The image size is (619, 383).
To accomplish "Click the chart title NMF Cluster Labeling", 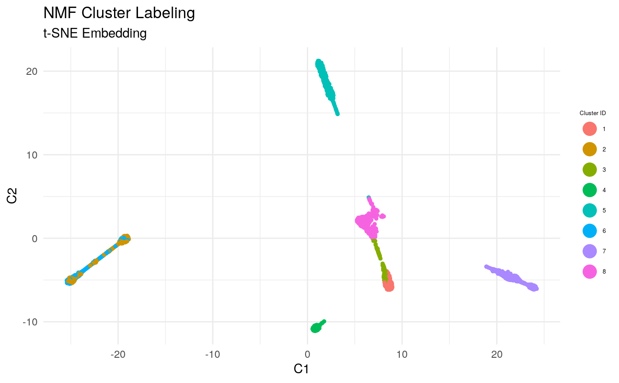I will (119, 13).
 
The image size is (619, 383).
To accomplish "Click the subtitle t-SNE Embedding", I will (95, 33).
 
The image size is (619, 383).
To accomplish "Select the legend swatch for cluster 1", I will (589, 129).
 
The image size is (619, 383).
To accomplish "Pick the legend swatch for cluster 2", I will (589, 150).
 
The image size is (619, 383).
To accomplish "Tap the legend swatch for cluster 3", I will (589, 170).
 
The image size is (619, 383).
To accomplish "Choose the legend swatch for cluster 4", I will (589, 190).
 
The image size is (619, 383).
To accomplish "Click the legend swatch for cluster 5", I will (589, 211).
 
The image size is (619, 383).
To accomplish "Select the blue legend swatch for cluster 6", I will (589, 231).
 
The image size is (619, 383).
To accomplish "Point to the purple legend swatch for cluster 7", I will (589, 251).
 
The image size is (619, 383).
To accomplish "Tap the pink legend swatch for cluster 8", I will (589, 272).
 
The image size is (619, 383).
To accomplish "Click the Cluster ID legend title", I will (592, 114).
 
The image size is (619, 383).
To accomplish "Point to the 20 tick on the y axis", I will (31, 71).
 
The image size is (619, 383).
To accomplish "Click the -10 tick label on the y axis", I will (29, 322).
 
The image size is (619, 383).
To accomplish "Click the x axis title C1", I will (301, 369).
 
